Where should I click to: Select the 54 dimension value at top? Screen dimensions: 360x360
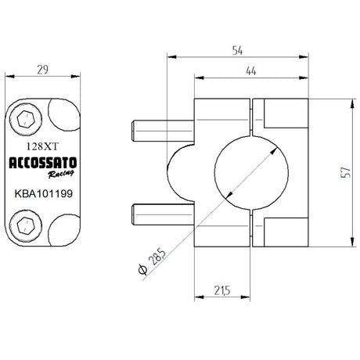(237, 49)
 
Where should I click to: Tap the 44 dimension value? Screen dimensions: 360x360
(252, 71)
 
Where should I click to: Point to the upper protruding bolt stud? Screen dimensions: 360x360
(160, 128)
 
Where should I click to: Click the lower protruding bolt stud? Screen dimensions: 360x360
(160, 211)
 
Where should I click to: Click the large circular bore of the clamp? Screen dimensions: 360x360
(251, 171)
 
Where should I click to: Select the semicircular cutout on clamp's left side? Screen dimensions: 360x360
(186, 170)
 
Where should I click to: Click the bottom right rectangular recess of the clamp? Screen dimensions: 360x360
(285, 228)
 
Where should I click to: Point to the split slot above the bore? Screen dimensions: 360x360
(251, 114)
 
